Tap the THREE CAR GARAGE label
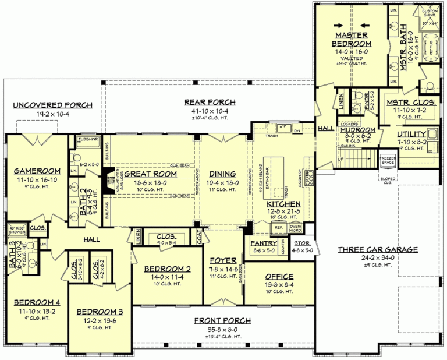[378, 250]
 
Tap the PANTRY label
[265, 242]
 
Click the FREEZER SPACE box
[388, 159]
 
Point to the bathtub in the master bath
[431, 52]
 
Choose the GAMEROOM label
[34, 171]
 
